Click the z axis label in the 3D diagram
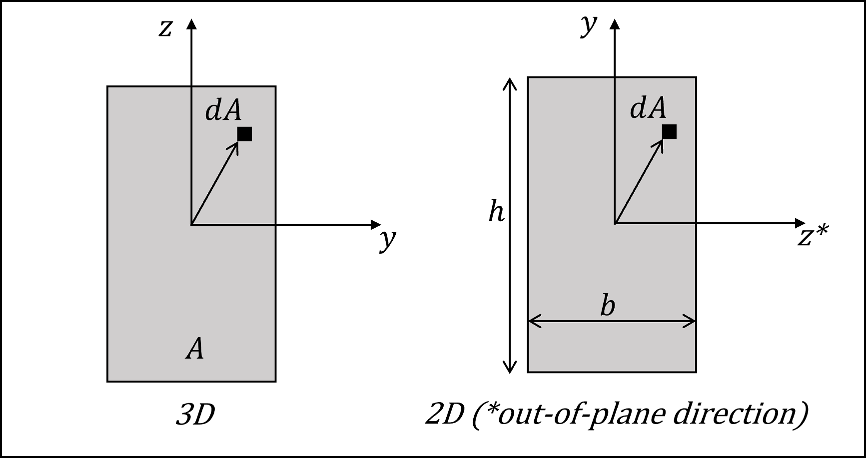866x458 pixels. tap(165, 28)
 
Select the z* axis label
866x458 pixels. tap(813, 236)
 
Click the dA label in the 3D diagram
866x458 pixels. tap(223, 110)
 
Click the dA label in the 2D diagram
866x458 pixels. tap(648, 108)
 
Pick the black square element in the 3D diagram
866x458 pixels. tap(245, 134)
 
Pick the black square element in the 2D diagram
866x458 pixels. tap(669, 132)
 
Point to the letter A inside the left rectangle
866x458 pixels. tap(195, 348)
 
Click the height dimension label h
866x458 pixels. tap(496, 211)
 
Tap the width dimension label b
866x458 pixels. tap(608, 306)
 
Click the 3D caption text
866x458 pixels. tap(195, 415)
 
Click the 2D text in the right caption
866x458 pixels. tap(444, 415)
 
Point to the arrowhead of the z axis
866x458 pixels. tap(191, 23)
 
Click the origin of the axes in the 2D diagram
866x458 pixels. tap(615, 223)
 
